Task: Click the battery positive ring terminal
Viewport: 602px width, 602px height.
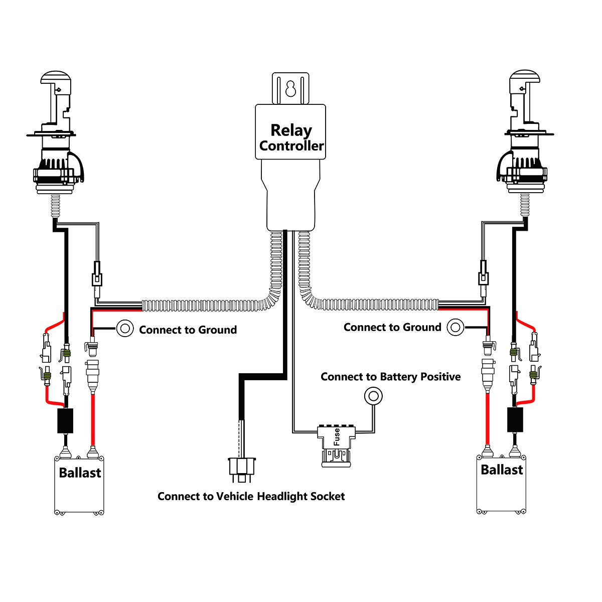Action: pyautogui.click(x=373, y=396)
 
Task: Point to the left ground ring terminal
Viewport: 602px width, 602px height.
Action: pyautogui.click(x=125, y=329)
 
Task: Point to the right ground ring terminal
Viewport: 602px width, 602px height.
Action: pyautogui.click(x=456, y=327)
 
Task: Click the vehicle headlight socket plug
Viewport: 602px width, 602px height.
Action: pyautogui.click(x=241, y=467)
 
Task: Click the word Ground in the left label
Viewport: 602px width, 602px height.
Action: pyautogui.click(x=217, y=330)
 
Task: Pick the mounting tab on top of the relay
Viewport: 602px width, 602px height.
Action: pyautogui.click(x=289, y=88)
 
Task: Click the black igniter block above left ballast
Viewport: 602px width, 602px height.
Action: pyautogui.click(x=65, y=420)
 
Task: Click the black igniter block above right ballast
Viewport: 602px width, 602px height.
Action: pyautogui.click(x=515, y=419)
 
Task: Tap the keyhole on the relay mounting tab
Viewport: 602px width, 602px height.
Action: pyautogui.click(x=289, y=90)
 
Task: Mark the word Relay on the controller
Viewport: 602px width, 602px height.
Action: pyautogui.click(x=291, y=130)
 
